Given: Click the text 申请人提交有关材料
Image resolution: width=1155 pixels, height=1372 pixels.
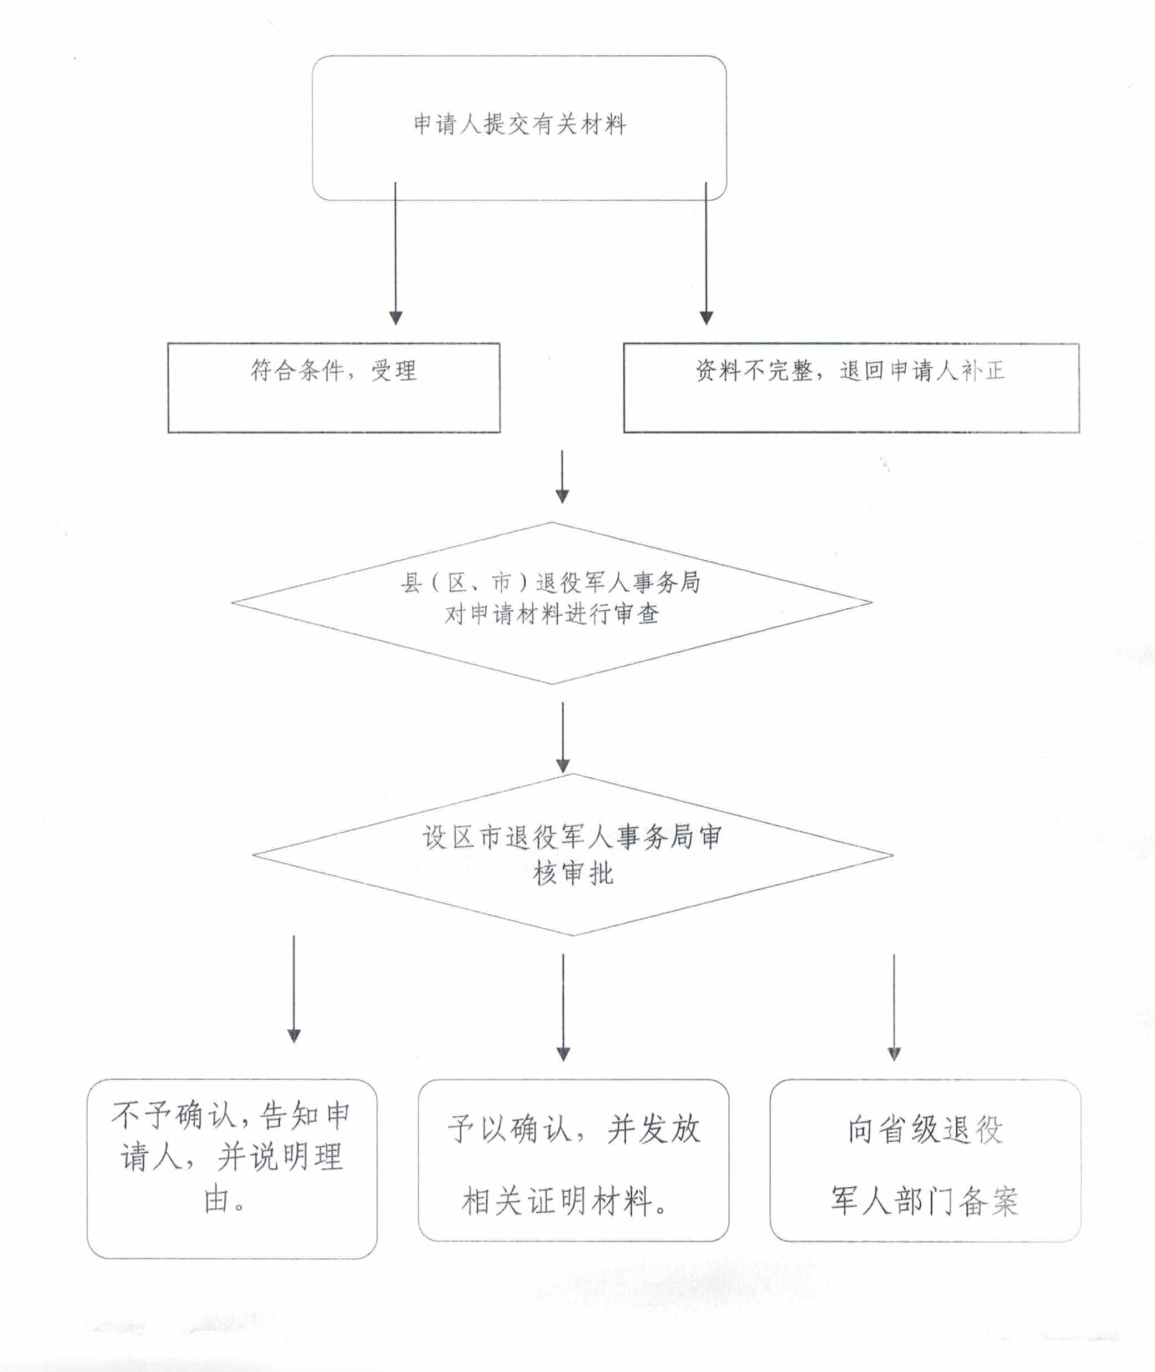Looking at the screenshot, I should click(x=520, y=124).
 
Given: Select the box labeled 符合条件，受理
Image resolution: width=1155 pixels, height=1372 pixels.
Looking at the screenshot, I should click(x=334, y=387).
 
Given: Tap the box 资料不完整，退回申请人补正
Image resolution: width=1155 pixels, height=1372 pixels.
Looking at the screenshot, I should click(x=851, y=387).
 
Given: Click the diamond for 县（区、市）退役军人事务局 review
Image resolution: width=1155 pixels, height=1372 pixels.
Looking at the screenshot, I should click(x=551, y=602).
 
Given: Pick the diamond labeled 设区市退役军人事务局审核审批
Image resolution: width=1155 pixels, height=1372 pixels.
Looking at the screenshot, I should click(x=572, y=855).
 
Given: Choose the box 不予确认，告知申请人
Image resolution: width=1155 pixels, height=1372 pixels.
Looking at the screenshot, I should click(x=232, y=1168).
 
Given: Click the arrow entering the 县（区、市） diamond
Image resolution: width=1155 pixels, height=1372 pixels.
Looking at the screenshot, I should click(x=562, y=477).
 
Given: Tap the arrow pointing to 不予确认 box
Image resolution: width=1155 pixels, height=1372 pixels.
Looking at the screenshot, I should click(x=294, y=989).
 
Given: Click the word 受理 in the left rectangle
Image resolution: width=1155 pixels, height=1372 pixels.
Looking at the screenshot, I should click(x=394, y=371).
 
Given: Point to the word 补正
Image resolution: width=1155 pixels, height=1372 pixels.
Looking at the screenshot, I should click(x=983, y=371).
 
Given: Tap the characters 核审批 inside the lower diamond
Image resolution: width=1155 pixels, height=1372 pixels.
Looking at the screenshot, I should click(x=573, y=873).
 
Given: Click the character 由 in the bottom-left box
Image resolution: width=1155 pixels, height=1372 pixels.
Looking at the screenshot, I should click(x=216, y=1200).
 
